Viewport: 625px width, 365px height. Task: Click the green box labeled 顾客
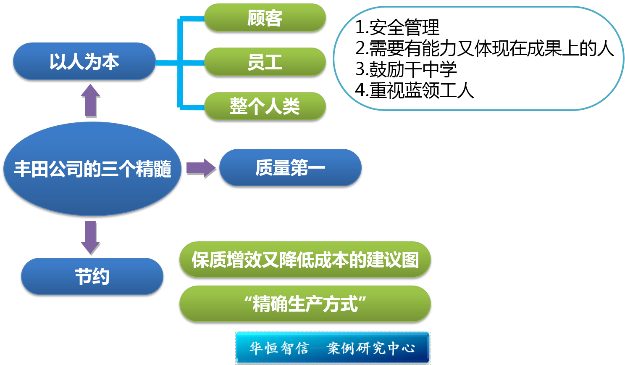tap(265, 18)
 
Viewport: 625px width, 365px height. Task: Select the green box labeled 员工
tap(265, 62)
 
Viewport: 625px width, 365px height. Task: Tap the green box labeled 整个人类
tap(265, 106)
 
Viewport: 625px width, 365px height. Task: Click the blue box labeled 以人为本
tap(84, 61)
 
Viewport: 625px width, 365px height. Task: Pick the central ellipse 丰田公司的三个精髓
tap(92, 169)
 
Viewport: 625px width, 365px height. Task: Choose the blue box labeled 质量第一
tap(290, 168)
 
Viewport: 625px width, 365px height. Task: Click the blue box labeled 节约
tap(92, 276)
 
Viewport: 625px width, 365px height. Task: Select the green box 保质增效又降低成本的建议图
tap(305, 259)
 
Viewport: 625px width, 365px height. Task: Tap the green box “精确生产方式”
tap(305, 304)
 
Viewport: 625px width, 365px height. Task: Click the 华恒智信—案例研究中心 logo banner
tap(333, 348)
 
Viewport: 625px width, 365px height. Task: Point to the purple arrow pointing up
tap(91, 101)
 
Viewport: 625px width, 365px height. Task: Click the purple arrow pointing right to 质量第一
tap(201, 168)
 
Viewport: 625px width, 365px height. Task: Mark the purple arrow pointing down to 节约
tap(91, 238)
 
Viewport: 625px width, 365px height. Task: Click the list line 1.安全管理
tap(397, 28)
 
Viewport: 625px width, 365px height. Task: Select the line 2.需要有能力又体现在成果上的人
tap(484, 49)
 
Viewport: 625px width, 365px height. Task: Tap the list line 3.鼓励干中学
tap(406, 69)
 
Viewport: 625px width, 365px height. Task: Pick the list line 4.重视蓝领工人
tap(415, 90)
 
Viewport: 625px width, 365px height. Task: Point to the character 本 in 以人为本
tap(111, 61)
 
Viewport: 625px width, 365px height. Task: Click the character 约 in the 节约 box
tap(101, 276)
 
